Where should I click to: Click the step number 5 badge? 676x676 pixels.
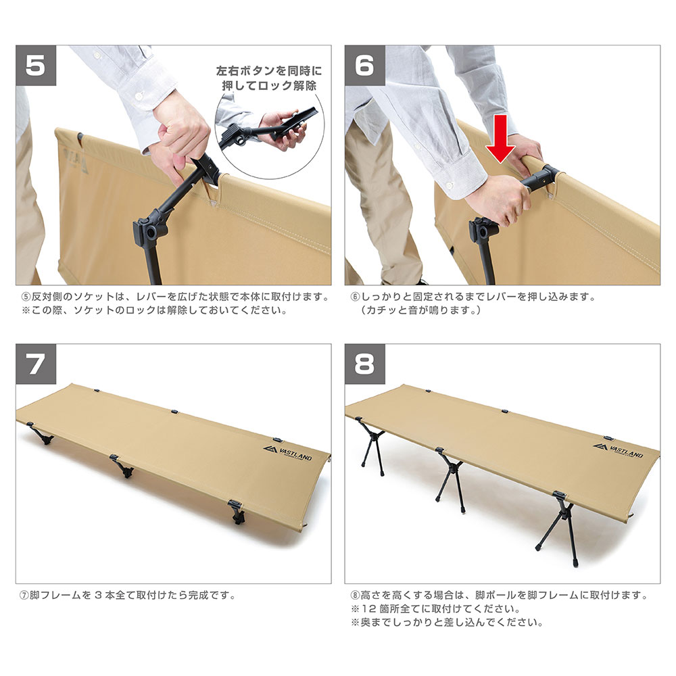36,66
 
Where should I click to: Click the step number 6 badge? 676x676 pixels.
365,66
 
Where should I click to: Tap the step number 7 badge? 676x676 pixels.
36,364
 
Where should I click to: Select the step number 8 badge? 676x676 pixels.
365,364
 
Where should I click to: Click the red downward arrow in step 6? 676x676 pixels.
500,139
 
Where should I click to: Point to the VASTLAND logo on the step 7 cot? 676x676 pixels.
287,453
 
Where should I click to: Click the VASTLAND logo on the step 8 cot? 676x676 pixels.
618,450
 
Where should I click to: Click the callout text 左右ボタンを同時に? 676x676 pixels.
269,71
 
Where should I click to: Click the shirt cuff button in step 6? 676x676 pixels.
450,185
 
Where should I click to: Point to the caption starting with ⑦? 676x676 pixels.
128,596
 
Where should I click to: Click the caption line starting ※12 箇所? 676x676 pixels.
436,609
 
